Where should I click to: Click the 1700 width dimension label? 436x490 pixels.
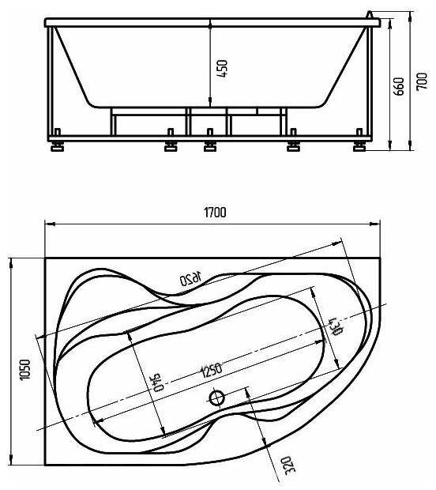(215, 213)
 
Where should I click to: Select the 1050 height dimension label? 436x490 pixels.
(25, 369)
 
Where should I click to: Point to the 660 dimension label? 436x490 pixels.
(399, 86)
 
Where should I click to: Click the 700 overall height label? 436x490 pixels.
(422, 81)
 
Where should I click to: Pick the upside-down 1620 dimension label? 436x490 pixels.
(190, 279)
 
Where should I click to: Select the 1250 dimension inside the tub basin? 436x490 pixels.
(211, 371)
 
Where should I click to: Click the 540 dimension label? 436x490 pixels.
(159, 382)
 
